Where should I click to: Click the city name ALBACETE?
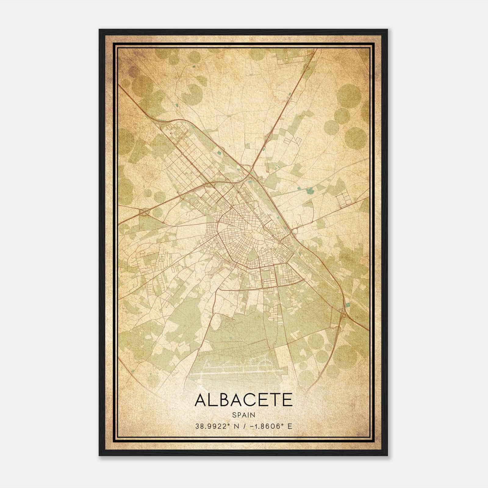(x=243, y=400)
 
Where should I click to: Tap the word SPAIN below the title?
(x=243, y=415)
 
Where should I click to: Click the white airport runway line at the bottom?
(x=238, y=373)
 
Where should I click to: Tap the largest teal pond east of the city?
(x=310, y=191)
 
